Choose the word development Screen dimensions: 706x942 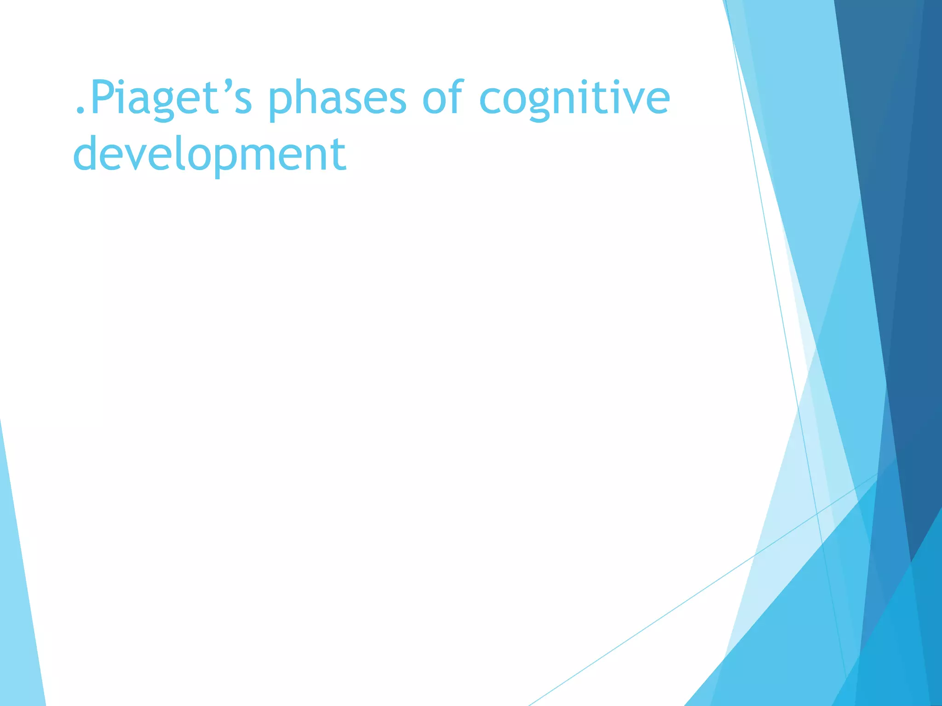tap(209, 154)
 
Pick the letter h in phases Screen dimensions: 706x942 tap(304, 97)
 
